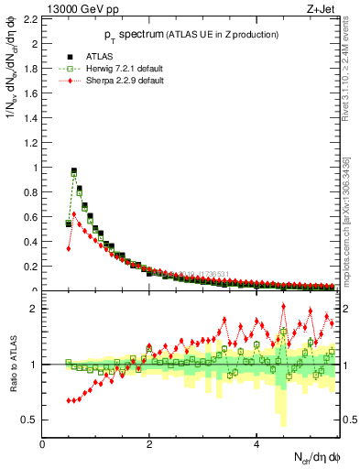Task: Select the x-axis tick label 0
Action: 43,445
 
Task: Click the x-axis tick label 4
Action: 256,445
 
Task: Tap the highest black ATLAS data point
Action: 73,170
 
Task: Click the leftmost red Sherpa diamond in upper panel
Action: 69,248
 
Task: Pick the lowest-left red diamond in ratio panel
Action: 69,400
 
